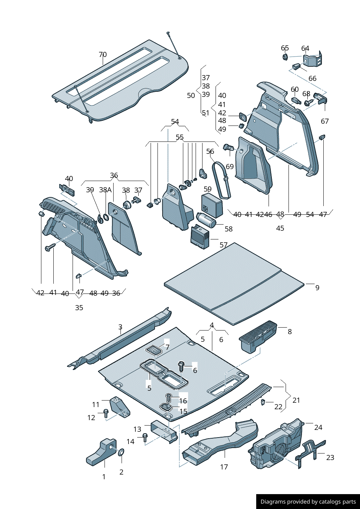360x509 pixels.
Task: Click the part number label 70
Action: point(103,55)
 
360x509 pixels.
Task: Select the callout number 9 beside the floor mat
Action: point(317,288)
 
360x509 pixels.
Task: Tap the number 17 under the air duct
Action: point(224,467)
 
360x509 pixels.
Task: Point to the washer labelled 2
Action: point(121,452)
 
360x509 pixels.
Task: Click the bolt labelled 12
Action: point(106,412)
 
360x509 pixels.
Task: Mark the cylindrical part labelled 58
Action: point(206,219)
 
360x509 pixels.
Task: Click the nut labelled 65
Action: point(285,57)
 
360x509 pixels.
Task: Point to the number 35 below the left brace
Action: point(79,308)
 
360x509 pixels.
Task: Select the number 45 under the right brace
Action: point(280,228)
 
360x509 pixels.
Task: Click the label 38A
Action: point(105,190)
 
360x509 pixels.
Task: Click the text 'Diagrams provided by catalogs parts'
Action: point(308,502)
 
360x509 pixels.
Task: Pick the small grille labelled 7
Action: point(154,350)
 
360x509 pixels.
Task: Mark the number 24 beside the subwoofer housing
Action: point(318,427)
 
